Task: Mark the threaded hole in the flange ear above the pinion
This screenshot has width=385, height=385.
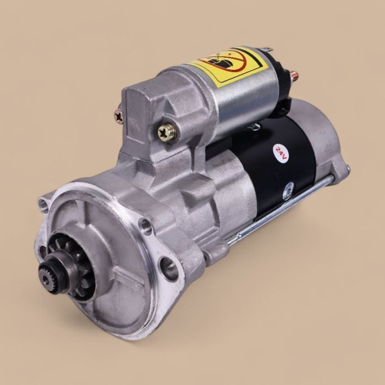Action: (145, 224)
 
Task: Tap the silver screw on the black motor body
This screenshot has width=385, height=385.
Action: (287, 194)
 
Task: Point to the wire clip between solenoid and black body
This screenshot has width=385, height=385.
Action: (254, 128)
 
